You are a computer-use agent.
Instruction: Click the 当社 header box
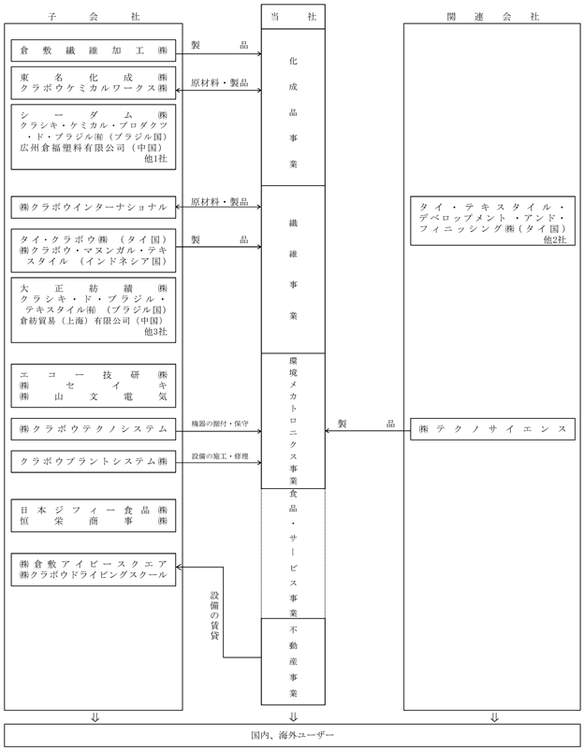293,17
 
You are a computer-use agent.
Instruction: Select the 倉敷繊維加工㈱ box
94,50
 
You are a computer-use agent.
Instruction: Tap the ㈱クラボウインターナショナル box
94,207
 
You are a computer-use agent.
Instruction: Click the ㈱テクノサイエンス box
492,429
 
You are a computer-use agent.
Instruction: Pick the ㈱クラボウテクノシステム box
94,429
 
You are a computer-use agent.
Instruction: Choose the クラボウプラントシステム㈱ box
94,462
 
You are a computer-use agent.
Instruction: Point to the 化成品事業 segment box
293,108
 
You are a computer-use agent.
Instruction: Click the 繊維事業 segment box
293,269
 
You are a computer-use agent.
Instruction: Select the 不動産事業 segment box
293,661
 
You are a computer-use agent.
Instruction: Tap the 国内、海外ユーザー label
293,735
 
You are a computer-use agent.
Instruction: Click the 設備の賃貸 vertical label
214,615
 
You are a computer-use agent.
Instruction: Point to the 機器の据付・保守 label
220,424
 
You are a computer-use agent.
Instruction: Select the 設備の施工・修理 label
220,456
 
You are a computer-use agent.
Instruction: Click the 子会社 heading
94,17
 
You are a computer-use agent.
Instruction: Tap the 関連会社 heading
493,17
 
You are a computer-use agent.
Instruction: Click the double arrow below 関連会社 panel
495,717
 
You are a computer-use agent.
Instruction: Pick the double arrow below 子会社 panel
95,717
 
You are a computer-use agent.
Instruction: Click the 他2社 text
555,239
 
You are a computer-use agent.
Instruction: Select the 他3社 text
156,331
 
